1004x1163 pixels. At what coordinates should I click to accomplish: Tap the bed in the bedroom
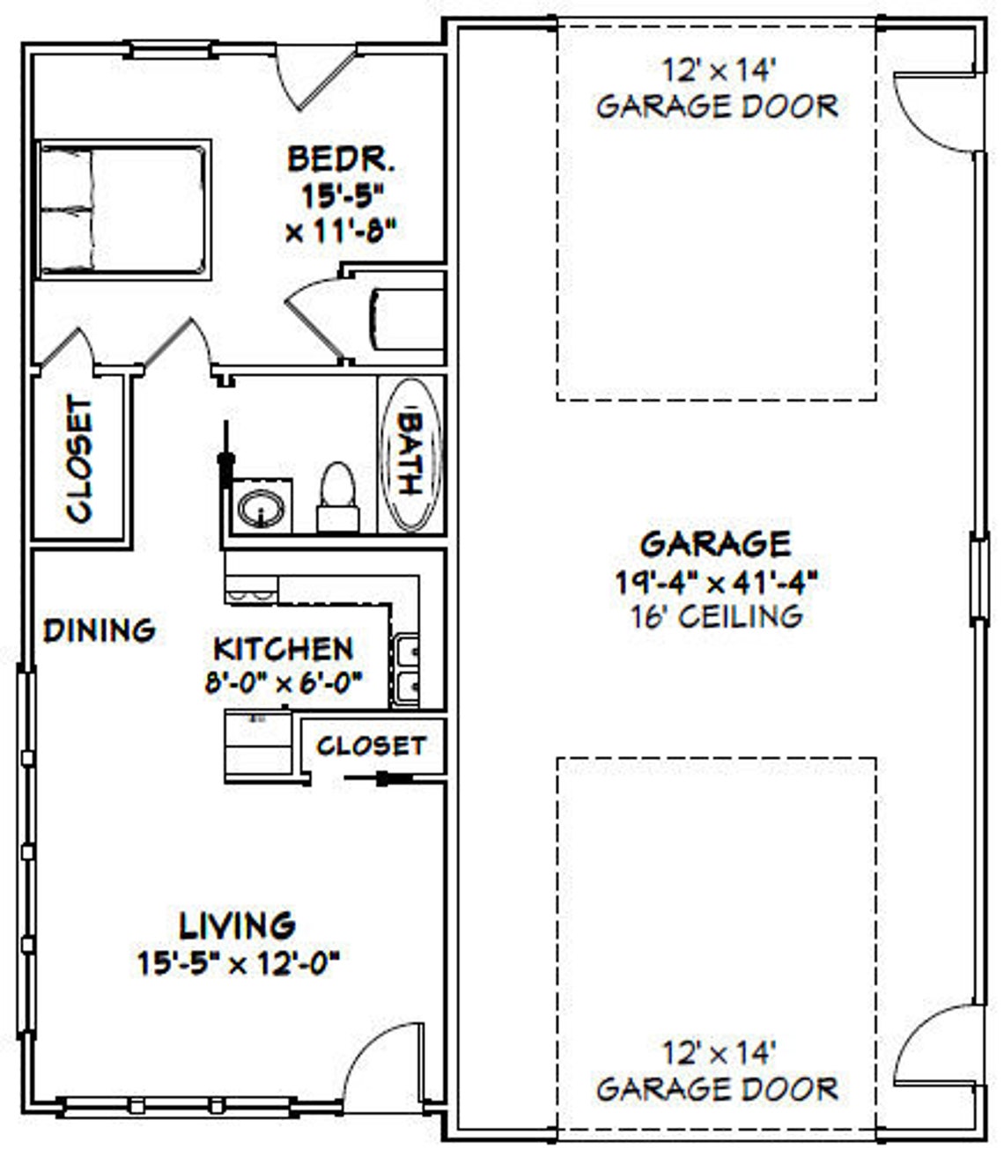click(122, 210)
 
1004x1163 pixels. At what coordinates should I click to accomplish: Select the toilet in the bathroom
click(337, 497)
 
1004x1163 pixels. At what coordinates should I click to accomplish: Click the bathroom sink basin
click(261, 508)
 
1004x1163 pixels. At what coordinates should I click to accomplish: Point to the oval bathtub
click(410, 454)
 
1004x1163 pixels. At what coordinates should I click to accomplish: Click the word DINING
click(100, 630)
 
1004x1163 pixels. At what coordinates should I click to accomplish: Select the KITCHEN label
click(284, 649)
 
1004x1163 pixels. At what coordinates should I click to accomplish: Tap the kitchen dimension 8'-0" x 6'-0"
click(284, 681)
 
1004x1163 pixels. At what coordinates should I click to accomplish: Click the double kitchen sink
click(407, 668)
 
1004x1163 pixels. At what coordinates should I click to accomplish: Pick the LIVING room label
click(238, 925)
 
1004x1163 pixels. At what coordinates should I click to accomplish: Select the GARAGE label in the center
click(715, 543)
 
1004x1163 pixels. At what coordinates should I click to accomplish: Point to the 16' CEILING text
click(716, 615)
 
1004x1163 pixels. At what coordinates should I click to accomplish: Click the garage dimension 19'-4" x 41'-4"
click(716, 580)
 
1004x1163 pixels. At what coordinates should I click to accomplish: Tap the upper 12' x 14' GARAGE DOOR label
click(717, 89)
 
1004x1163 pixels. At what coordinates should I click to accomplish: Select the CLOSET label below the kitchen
click(371, 746)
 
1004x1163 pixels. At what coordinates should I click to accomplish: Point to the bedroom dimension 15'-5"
click(340, 195)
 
